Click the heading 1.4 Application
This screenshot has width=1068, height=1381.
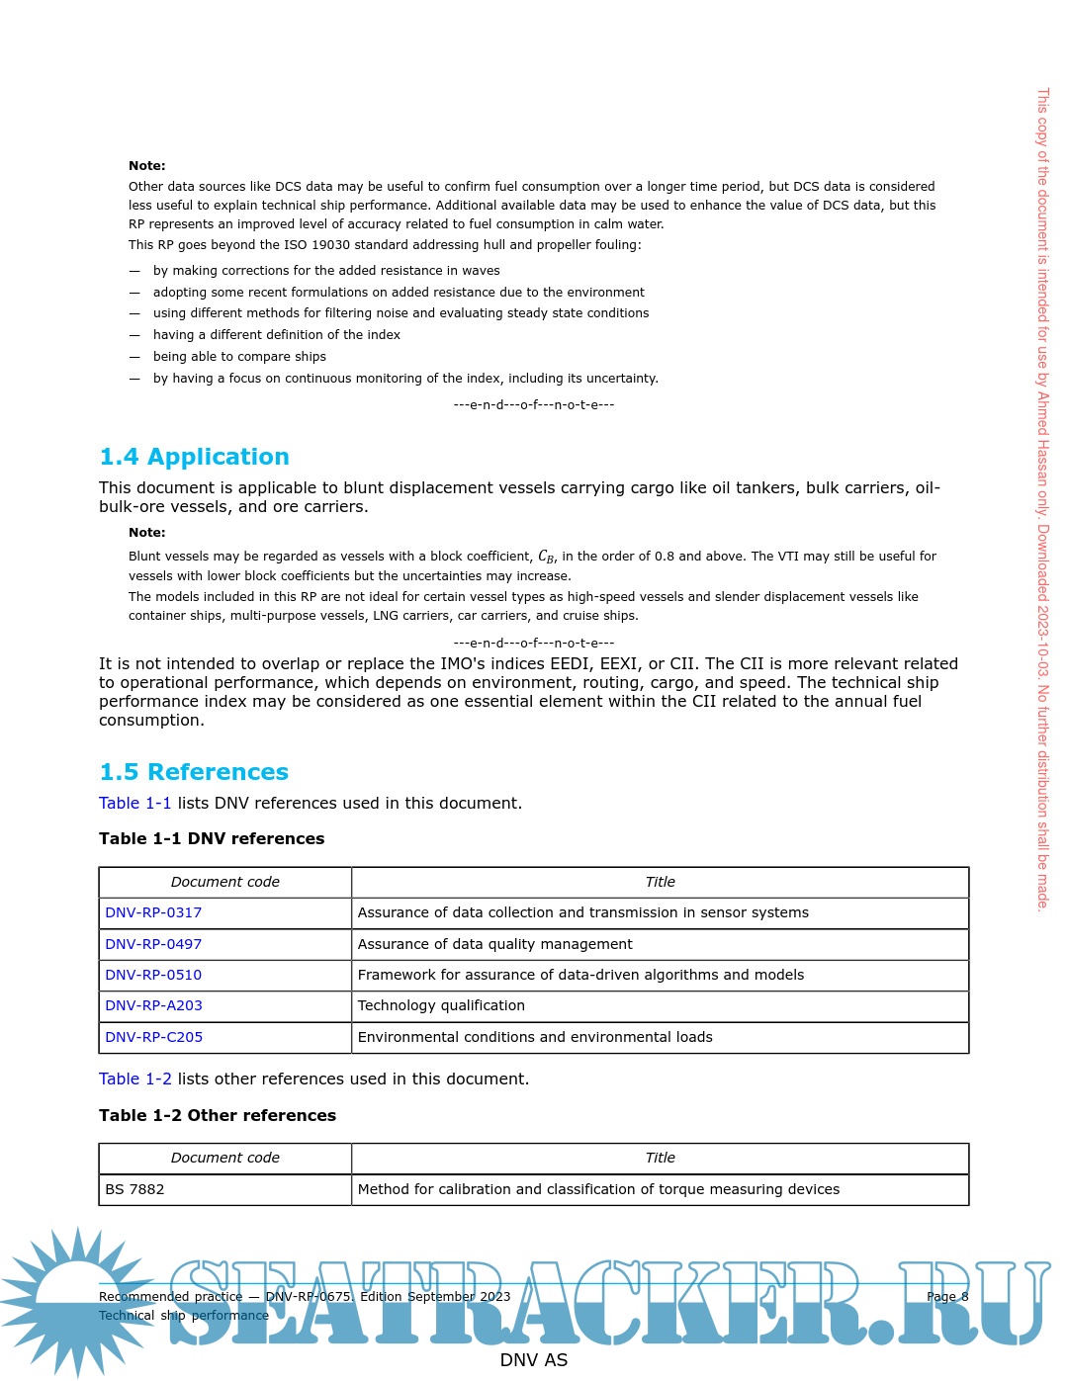tap(194, 457)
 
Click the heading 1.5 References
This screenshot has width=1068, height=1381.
tap(194, 772)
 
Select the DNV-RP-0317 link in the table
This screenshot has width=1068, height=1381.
tap(153, 912)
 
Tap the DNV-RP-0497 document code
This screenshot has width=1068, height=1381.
tap(153, 944)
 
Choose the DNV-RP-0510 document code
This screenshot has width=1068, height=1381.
tap(153, 975)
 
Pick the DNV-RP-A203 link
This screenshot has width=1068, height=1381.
tap(153, 1005)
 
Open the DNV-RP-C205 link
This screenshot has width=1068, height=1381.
tap(153, 1037)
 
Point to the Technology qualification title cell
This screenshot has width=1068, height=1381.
tap(441, 1005)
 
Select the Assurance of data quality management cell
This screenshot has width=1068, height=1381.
tap(494, 944)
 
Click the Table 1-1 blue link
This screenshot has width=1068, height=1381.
tap(134, 803)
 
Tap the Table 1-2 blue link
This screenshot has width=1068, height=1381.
tap(134, 1079)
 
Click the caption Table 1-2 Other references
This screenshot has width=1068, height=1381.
tap(218, 1115)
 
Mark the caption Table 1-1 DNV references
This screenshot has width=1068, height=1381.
tap(212, 838)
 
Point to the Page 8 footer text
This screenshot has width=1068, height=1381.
tap(946, 1296)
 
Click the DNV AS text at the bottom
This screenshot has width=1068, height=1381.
tap(534, 1360)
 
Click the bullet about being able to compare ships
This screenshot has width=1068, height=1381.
tap(239, 357)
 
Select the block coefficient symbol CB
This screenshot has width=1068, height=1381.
tap(546, 557)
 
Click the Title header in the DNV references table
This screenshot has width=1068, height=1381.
tap(660, 882)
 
